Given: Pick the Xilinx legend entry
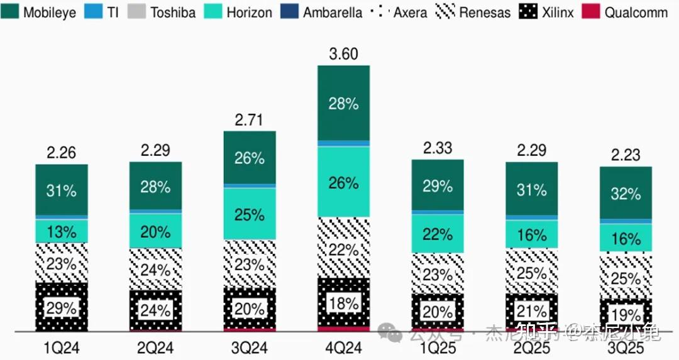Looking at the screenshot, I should [548, 12].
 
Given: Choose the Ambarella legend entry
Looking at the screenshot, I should [324, 12].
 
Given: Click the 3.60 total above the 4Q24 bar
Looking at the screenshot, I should [343, 54].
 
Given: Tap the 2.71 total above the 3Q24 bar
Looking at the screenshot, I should [250, 119].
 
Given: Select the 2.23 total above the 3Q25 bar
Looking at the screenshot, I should [626, 155].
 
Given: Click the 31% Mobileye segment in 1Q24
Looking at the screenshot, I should [61, 190].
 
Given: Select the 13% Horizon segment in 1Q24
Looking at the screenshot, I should [61, 231].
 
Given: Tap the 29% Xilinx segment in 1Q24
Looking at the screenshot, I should [61, 308].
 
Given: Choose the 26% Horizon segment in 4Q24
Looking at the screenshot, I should [343, 183].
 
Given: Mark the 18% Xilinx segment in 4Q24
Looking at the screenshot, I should [343, 303].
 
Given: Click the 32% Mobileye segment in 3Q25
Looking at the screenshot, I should [626, 194].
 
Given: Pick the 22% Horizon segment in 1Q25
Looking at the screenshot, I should [438, 234].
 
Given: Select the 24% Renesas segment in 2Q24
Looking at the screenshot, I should [155, 270].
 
